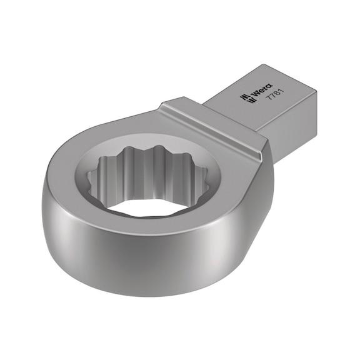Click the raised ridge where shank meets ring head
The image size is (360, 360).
(x=212, y=119)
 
